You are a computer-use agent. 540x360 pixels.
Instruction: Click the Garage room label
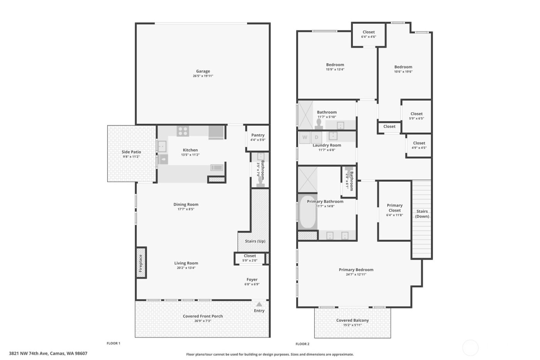coord(203,71)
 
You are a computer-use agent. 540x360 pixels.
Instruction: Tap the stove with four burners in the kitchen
coord(182,131)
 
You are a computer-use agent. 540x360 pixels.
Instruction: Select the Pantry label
coord(258,135)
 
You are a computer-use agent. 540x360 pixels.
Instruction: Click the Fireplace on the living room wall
coord(141,262)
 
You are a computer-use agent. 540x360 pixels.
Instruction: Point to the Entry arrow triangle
coord(259,304)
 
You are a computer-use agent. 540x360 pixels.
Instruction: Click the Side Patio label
coord(131,152)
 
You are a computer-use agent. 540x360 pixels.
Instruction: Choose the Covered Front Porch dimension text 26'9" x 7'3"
coord(203,321)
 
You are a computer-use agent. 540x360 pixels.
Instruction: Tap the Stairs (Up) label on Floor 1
coord(255,241)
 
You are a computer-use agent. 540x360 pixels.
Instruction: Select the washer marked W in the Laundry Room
coord(305,137)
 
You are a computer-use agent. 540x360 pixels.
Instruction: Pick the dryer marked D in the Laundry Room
coord(317,137)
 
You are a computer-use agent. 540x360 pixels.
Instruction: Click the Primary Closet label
coord(395,208)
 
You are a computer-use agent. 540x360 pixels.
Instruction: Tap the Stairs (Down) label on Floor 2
coord(422,214)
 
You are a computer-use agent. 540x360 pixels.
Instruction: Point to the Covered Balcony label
coord(353,320)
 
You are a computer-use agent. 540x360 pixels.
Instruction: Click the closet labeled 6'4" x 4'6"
coord(368,34)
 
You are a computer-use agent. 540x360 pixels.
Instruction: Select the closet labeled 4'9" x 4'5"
coord(419,145)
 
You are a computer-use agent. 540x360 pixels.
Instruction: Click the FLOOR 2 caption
coord(302,344)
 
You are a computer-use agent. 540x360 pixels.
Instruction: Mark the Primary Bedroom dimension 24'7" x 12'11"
coord(356,274)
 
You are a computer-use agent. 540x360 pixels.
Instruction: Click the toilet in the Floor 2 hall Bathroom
coord(319,123)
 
